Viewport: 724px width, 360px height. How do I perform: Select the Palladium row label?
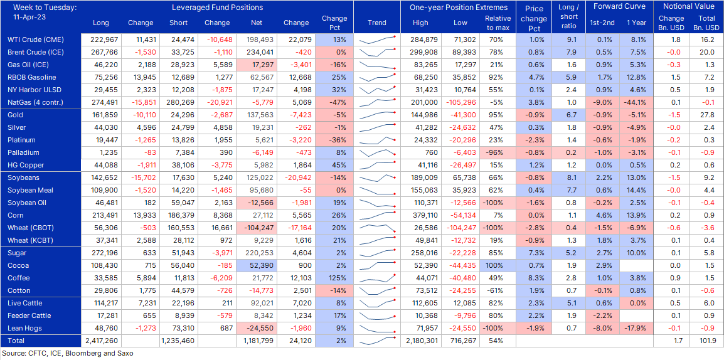click(x=23, y=152)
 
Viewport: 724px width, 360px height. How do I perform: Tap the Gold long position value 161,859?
click(x=100, y=115)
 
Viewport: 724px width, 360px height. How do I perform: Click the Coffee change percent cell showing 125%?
click(x=334, y=278)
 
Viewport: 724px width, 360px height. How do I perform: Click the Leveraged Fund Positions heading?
click(x=217, y=8)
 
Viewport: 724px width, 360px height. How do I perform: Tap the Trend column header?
click(x=377, y=23)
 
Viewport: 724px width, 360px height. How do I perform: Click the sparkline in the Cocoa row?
click(x=377, y=265)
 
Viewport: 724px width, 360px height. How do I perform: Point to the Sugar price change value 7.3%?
click(x=535, y=253)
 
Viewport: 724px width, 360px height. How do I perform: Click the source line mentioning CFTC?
click(x=68, y=354)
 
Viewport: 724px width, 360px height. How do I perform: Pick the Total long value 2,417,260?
click(x=100, y=341)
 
